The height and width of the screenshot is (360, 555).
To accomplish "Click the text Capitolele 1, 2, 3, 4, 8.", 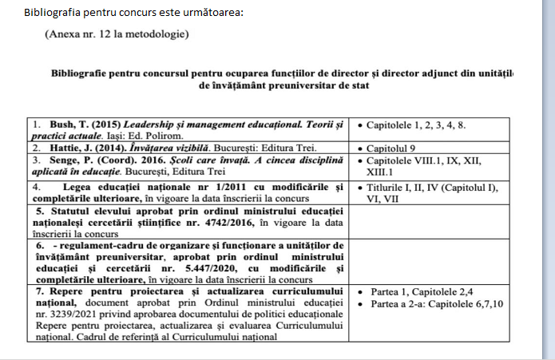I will point(419,125).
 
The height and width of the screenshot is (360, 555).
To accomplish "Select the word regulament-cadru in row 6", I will point(84,245).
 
